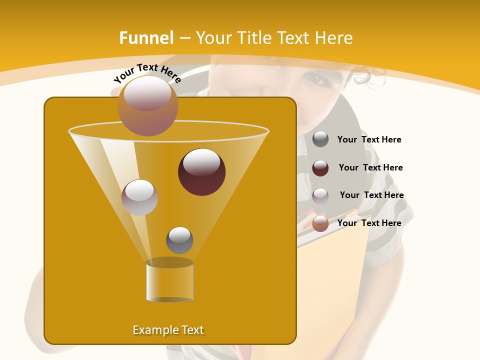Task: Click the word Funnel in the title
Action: pos(146,38)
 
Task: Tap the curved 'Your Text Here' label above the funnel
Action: pos(147,73)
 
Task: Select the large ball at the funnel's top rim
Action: pos(147,105)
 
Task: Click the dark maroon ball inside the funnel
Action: pos(201,171)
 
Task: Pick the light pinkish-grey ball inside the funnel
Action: pos(139,197)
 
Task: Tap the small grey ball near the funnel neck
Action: pos(179,240)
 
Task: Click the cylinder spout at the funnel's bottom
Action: pos(169,281)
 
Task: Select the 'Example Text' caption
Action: pos(168,330)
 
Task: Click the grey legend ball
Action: pos(320,139)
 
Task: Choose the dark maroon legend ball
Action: pos(320,168)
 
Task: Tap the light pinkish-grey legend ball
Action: pos(320,195)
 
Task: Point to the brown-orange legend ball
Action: pos(320,223)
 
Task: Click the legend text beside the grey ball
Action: pos(369,140)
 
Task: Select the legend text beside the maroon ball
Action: pos(370,168)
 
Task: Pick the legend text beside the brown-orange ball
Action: pos(369,223)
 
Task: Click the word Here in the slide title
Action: pos(334,38)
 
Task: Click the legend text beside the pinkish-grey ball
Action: pos(371,195)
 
